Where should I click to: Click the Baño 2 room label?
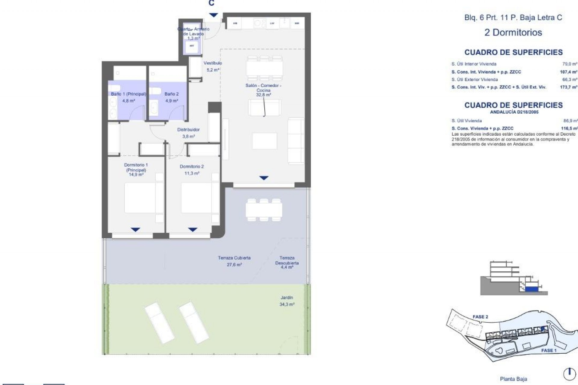tap(172, 94)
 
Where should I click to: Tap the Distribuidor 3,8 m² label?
tap(188, 133)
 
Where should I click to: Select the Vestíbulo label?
tap(213, 63)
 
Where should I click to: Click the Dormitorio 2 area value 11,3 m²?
tap(192, 173)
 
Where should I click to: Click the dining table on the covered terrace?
tap(264, 210)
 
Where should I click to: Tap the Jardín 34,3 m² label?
tap(287, 301)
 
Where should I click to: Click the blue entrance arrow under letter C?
tap(213, 15)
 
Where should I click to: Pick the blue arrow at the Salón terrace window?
tap(264, 178)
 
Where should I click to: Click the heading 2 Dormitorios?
tap(513, 32)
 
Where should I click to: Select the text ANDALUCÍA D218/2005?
tap(514, 112)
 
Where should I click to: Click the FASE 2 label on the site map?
tap(480, 317)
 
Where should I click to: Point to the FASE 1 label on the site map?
tap(549, 350)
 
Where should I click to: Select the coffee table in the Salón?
tap(264, 141)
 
